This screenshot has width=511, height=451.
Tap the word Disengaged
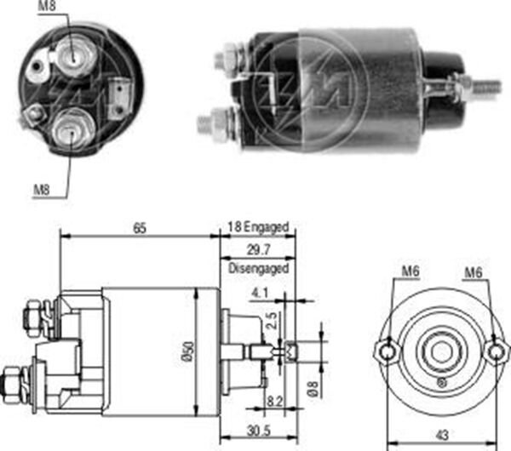[260, 268]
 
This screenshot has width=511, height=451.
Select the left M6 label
[411, 273]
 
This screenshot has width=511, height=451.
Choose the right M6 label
[475, 273]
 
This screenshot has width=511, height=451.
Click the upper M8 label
[49, 9]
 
